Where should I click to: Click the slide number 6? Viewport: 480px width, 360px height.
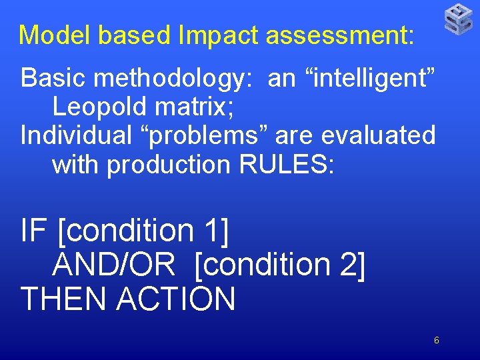coord(437,341)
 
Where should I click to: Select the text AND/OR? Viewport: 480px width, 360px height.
coord(113,265)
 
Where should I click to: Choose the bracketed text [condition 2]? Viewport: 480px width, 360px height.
coord(280,265)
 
